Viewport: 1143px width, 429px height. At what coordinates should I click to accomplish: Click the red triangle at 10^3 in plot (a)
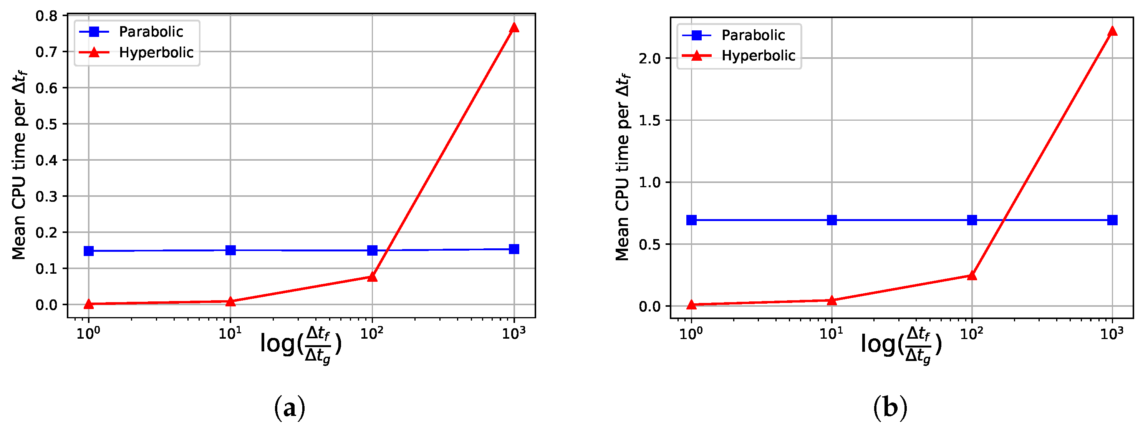(x=514, y=28)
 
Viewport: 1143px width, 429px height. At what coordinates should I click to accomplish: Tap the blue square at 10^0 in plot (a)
(x=89, y=251)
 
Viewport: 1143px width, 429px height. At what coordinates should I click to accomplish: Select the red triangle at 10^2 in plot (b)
(x=972, y=275)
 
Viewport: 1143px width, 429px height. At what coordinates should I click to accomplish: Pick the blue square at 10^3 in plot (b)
(x=1112, y=220)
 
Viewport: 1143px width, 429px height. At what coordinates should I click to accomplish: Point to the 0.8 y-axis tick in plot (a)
(x=46, y=16)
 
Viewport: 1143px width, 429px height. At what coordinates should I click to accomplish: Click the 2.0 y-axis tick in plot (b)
(x=649, y=58)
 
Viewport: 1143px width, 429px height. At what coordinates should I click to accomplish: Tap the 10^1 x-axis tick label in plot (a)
(x=230, y=333)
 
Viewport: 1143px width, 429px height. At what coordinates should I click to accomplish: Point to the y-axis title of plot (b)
(x=622, y=166)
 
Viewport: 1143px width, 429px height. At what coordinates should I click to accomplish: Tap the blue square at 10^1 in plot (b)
(x=832, y=220)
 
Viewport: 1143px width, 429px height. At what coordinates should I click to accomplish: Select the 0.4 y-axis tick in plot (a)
(x=46, y=160)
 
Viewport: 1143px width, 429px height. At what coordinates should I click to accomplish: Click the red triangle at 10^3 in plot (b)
(x=1112, y=31)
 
